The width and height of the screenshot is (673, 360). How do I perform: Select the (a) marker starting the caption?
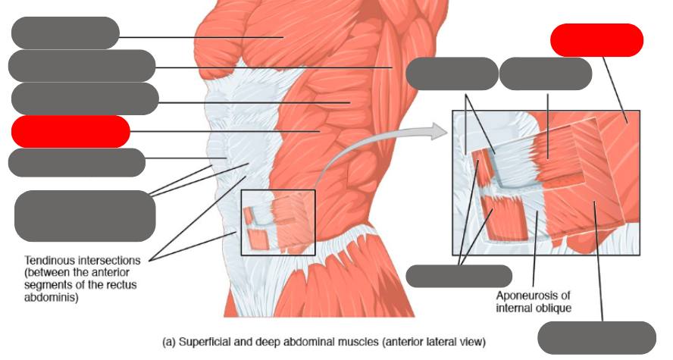click(170, 340)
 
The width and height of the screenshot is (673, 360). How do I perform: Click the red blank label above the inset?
click(596, 40)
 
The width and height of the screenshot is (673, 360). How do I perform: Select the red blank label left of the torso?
click(70, 132)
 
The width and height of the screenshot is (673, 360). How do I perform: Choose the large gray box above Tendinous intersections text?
click(85, 216)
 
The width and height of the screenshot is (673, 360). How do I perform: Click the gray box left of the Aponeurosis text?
click(459, 276)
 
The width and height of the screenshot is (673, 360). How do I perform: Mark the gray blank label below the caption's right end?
click(596, 337)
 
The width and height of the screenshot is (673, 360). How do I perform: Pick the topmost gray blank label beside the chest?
click(66, 33)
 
